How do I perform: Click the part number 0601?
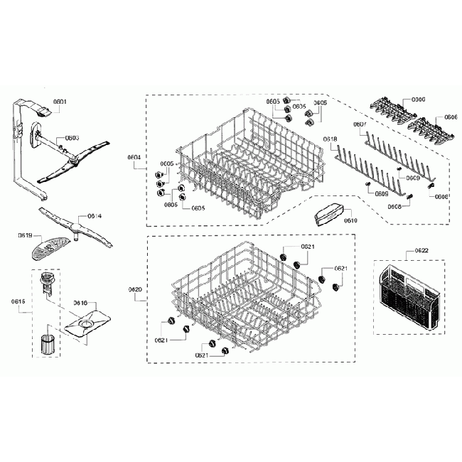click(60, 102)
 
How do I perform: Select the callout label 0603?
click(72, 138)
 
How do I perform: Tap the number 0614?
click(95, 215)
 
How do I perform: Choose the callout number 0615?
click(18, 302)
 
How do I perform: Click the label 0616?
click(80, 303)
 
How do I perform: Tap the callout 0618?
click(330, 139)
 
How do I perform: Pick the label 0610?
click(350, 221)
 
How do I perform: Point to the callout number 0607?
click(360, 124)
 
